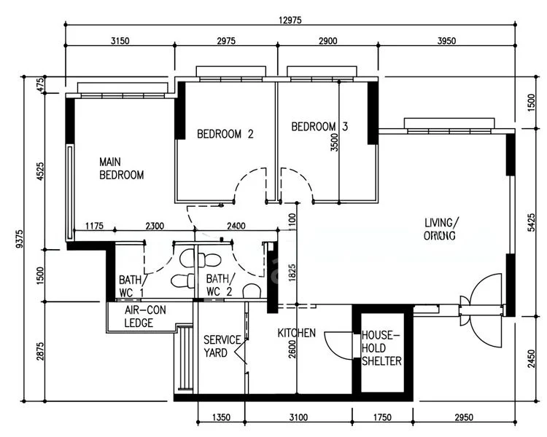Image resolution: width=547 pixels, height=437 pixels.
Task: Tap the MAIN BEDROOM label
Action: (x=121, y=168)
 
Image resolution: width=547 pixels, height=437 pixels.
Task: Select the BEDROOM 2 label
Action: (x=225, y=134)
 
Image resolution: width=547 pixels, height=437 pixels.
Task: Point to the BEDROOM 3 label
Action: (x=319, y=127)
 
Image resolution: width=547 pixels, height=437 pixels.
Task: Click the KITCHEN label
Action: (x=296, y=333)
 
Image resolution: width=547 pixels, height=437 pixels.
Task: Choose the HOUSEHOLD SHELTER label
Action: (x=381, y=348)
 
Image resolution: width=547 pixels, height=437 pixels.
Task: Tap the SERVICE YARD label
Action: (x=221, y=346)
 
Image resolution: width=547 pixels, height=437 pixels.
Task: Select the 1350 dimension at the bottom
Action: (x=222, y=418)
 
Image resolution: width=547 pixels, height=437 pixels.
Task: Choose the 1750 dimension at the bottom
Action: (x=382, y=418)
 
